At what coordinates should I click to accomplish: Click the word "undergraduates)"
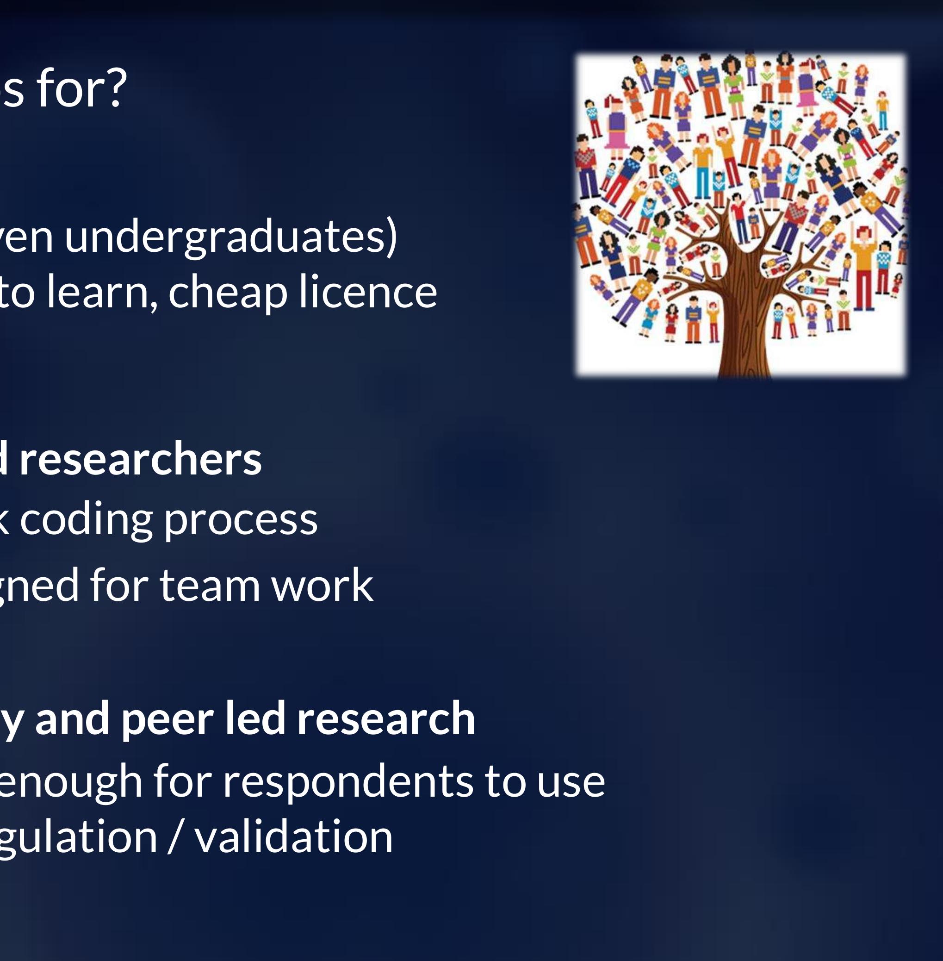coord(231,238)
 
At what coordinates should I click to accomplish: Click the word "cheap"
coord(227,293)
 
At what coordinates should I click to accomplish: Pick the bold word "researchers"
coord(140,459)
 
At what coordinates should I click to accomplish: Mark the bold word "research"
coord(386,719)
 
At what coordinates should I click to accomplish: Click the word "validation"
coord(294,837)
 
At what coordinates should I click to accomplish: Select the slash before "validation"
coord(174,837)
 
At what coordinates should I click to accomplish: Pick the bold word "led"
coord(255,719)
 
